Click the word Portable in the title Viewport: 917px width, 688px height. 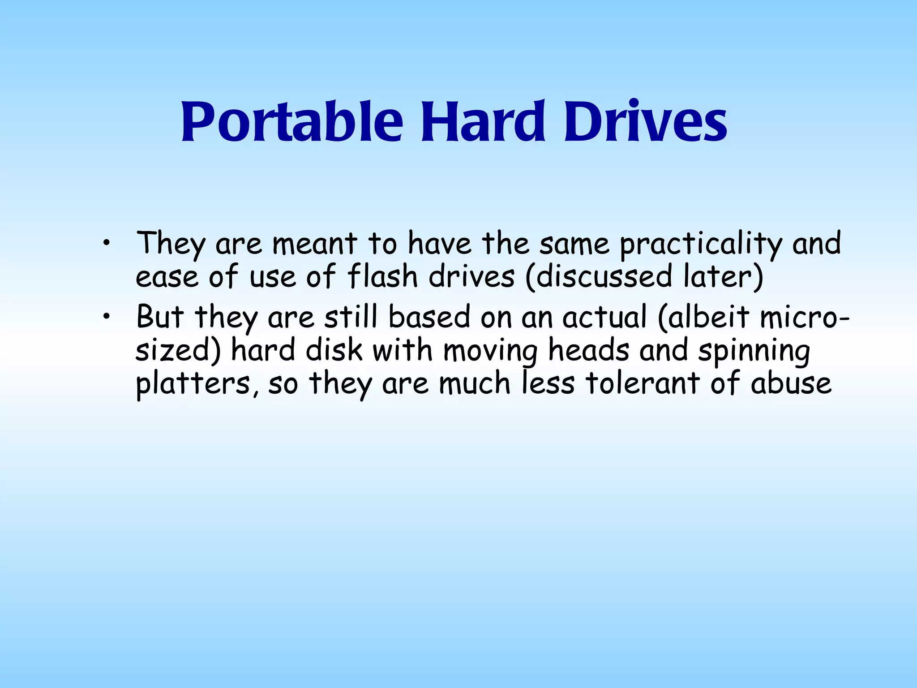(292, 122)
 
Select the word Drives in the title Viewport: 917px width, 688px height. (645, 122)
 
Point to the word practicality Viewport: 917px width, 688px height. (701, 244)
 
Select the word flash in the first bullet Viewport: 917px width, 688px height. (382, 276)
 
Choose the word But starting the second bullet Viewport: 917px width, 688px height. (160, 317)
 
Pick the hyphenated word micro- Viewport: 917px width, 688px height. (804, 317)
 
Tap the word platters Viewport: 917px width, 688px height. (197, 384)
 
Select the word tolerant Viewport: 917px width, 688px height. (643, 384)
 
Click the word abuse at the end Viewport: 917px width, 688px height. (791, 384)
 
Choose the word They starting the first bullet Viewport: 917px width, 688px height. (171, 244)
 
